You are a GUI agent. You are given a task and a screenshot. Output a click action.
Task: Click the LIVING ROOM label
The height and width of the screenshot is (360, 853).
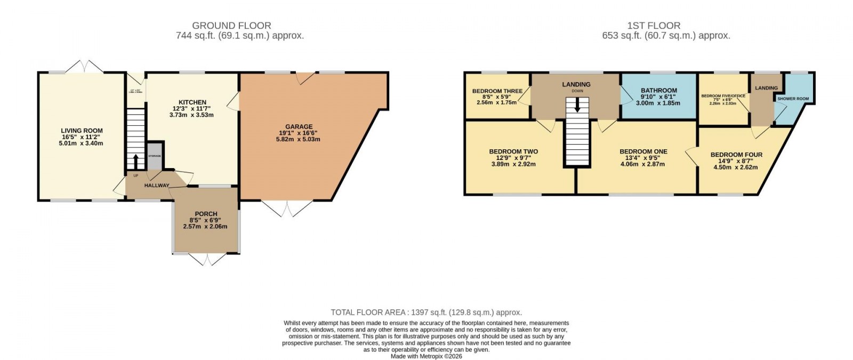click(x=82, y=131)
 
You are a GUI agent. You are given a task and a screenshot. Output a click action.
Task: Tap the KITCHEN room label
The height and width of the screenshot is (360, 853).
click(x=192, y=102)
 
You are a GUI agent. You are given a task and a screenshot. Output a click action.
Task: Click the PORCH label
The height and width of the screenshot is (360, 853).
click(x=206, y=214)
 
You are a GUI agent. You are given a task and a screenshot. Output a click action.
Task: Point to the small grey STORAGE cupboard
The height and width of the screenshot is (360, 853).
click(x=155, y=156)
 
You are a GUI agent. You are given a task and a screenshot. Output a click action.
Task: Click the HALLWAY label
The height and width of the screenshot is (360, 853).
click(x=156, y=186)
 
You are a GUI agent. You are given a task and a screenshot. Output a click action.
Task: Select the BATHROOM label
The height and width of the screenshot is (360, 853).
click(x=658, y=91)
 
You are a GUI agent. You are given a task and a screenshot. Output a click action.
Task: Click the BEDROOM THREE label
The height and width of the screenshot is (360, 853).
click(x=497, y=91)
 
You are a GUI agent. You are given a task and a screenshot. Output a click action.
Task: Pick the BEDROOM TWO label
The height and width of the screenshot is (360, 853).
click(x=513, y=151)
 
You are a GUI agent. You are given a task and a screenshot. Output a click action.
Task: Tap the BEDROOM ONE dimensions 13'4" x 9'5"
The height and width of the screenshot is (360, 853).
click(x=642, y=158)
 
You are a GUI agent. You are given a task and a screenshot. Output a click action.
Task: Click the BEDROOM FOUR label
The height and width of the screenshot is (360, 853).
click(x=736, y=155)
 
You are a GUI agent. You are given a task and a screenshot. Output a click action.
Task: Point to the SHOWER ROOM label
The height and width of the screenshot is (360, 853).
click(x=793, y=99)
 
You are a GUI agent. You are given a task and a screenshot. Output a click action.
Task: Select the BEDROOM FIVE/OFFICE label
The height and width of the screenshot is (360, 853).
click(x=722, y=96)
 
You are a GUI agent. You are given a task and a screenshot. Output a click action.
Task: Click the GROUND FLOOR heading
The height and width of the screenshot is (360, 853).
click(x=231, y=25)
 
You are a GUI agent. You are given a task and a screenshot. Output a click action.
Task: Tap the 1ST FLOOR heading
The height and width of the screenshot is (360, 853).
click(x=654, y=25)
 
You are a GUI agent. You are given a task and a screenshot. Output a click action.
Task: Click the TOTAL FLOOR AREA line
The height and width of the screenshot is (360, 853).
click(x=426, y=313)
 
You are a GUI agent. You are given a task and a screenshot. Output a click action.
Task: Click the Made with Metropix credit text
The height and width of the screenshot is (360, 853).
click(x=426, y=356)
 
